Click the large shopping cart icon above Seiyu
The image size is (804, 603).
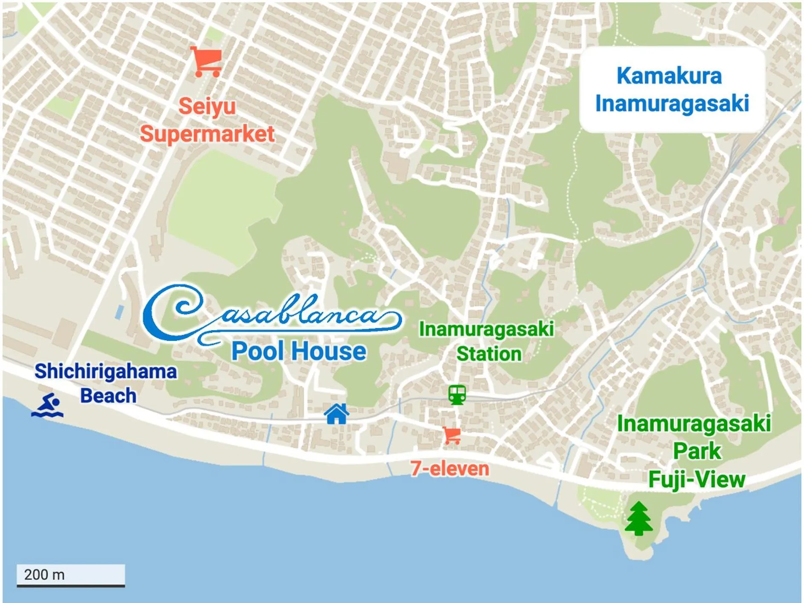[x=206, y=62]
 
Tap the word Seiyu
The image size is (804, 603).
[x=207, y=106]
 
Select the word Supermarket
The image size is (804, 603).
[x=207, y=134]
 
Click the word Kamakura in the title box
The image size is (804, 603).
[x=669, y=76]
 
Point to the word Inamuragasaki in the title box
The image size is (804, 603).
[x=672, y=104]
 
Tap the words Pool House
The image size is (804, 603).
[x=298, y=352]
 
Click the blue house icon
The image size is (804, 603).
[x=337, y=414]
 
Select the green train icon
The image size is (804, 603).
[x=457, y=394]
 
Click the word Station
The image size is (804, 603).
[x=489, y=354]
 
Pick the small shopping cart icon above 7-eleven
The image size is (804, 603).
[x=452, y=435]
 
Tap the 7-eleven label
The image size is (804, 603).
[x=450, y=469]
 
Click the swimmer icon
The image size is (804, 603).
[x=48, y=406]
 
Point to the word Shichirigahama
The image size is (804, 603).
[x=106, y=371]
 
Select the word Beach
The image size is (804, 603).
[x=108, y=396]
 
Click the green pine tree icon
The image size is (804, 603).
[x=638, y=518]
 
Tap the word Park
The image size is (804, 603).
[x=697, y=451]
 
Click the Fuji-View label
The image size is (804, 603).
[x=697, y=480]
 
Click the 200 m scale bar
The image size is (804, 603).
[x=71, y=576]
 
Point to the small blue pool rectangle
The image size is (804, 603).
[x=120, y=312]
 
